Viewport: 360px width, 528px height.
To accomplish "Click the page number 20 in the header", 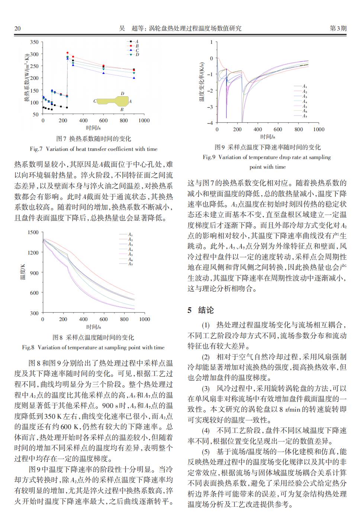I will point(17,28).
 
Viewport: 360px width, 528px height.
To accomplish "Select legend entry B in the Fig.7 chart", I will point(137,46).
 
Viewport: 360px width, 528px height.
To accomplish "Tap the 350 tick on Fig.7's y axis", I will point(34,42).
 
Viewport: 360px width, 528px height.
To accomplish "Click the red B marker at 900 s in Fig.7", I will point(134,70).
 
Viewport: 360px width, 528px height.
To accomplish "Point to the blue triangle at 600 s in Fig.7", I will point(103,73).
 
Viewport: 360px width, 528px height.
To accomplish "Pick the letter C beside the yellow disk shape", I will point(95,101).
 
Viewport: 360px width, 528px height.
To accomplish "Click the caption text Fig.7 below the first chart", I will point(36,149).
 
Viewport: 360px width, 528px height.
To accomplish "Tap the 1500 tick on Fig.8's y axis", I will point(33,233).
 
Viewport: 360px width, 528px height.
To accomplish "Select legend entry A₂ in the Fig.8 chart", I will point(130,240).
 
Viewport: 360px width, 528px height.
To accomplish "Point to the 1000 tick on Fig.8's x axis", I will point(144,319).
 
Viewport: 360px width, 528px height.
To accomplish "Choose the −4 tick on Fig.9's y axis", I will point(211,123).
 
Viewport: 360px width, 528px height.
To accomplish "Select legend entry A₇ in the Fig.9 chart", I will point(305,116).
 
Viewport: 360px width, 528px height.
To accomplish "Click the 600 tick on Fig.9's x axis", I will point(278,130).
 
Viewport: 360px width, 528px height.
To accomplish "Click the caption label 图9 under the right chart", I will point(220,147).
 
